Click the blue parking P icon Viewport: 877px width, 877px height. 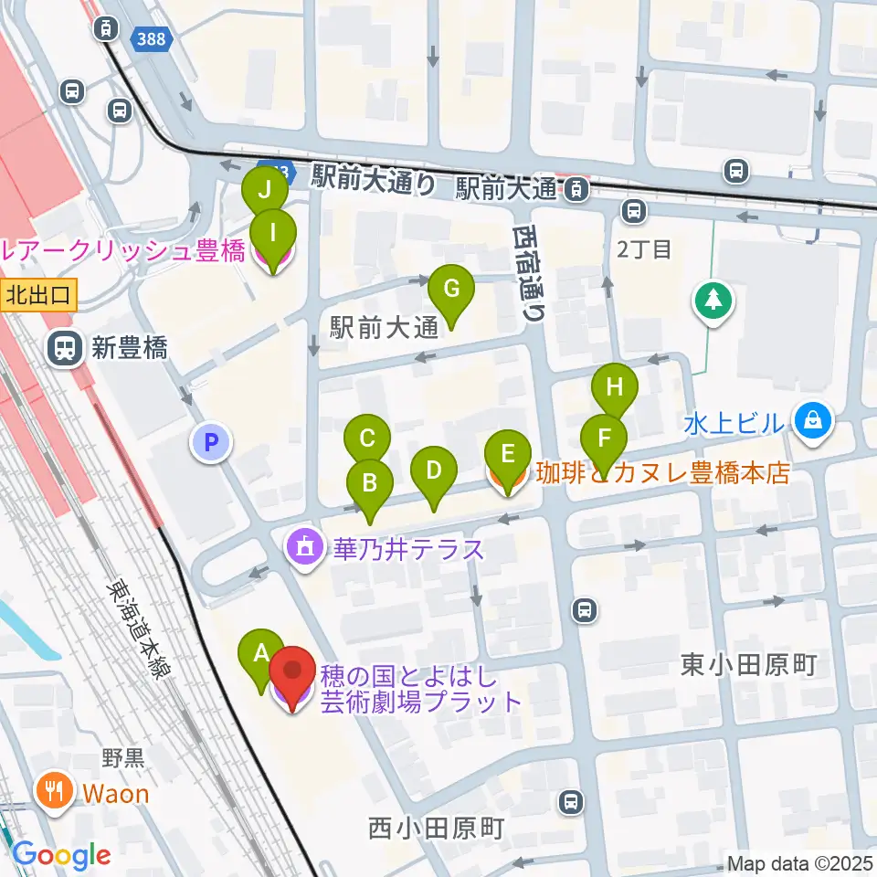(211, 444)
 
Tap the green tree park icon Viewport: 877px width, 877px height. (713, 301)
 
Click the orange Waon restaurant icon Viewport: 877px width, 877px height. (56, 791)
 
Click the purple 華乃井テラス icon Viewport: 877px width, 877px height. (303, 549)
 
